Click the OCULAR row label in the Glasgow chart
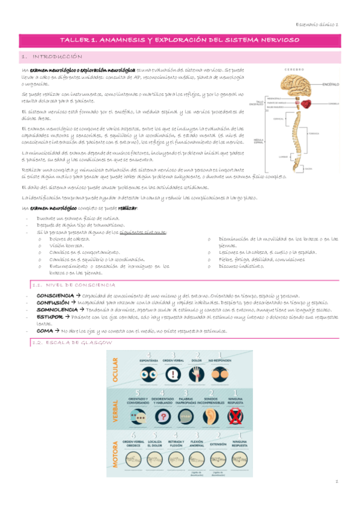(114, 369)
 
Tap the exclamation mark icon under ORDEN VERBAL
(172, 375)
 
